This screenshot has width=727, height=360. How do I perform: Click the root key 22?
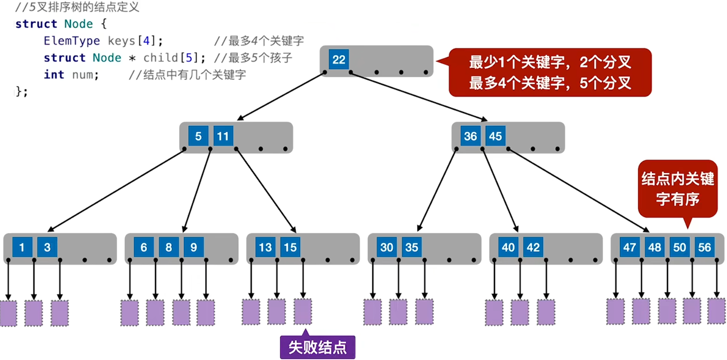(339, 60)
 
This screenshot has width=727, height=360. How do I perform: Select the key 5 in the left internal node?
(198, 136)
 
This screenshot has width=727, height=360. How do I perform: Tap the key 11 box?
(223, 136)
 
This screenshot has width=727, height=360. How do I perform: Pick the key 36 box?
(470, 136)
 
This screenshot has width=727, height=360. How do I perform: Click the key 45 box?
(495, 136)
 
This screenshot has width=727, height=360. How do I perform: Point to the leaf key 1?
(22, 247)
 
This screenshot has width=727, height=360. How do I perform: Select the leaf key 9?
(193, 247)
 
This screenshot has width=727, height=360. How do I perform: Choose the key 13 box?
(265, 247)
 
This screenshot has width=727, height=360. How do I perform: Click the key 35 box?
(412, 247)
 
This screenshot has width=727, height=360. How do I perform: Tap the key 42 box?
(533, 247)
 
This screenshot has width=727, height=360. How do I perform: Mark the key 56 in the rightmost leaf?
(705, 247)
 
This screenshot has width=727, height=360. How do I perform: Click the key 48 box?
(655, 247)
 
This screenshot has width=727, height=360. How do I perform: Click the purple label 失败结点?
(317, 347)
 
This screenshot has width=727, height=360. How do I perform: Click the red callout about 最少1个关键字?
(550, 72)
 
